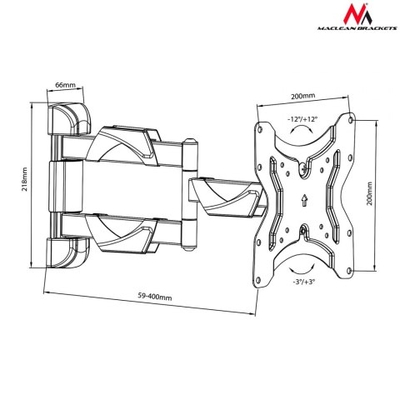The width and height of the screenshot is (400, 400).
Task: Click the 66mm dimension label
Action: coord(65,85)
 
